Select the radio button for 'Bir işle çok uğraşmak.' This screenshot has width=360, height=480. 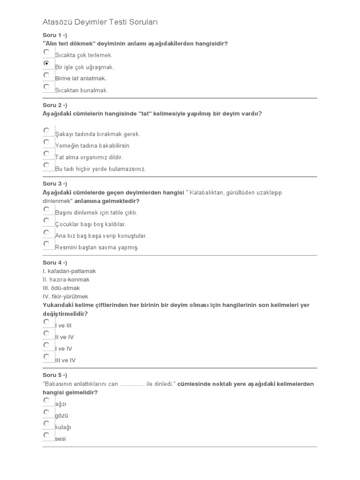click(x=46, y=63)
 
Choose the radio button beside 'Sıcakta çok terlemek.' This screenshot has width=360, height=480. click(x=46, y=52)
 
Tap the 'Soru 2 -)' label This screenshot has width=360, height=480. click(x=55, y=105)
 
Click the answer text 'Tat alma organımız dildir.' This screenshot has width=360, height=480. click(x=89, y=157)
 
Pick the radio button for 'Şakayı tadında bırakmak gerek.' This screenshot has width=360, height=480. click(x=46, y=130)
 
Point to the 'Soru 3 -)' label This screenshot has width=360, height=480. click(x=55, y=184)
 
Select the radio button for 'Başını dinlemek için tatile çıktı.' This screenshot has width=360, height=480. click(x=46, y=209)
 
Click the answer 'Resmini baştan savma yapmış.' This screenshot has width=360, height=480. click(x=97, y=247)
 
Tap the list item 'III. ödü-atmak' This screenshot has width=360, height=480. click(x=61, y=288)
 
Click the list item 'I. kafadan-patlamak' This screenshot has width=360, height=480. click(x=69, y=271)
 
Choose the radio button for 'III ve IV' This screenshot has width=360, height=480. click(x=46, y=357)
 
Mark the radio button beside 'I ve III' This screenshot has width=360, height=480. click(x=46, y=322)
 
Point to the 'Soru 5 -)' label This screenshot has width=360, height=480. click(x=55, y=375)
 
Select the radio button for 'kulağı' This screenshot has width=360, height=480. click(x=46, y=423)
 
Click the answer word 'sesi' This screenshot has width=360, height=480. click(x=60, y=439)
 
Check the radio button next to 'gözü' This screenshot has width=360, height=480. click(x=46, y=412)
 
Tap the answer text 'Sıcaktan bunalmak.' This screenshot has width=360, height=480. click(x=82, y=90)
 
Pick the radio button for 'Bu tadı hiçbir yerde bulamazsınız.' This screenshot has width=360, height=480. click(x=46, y=165)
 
